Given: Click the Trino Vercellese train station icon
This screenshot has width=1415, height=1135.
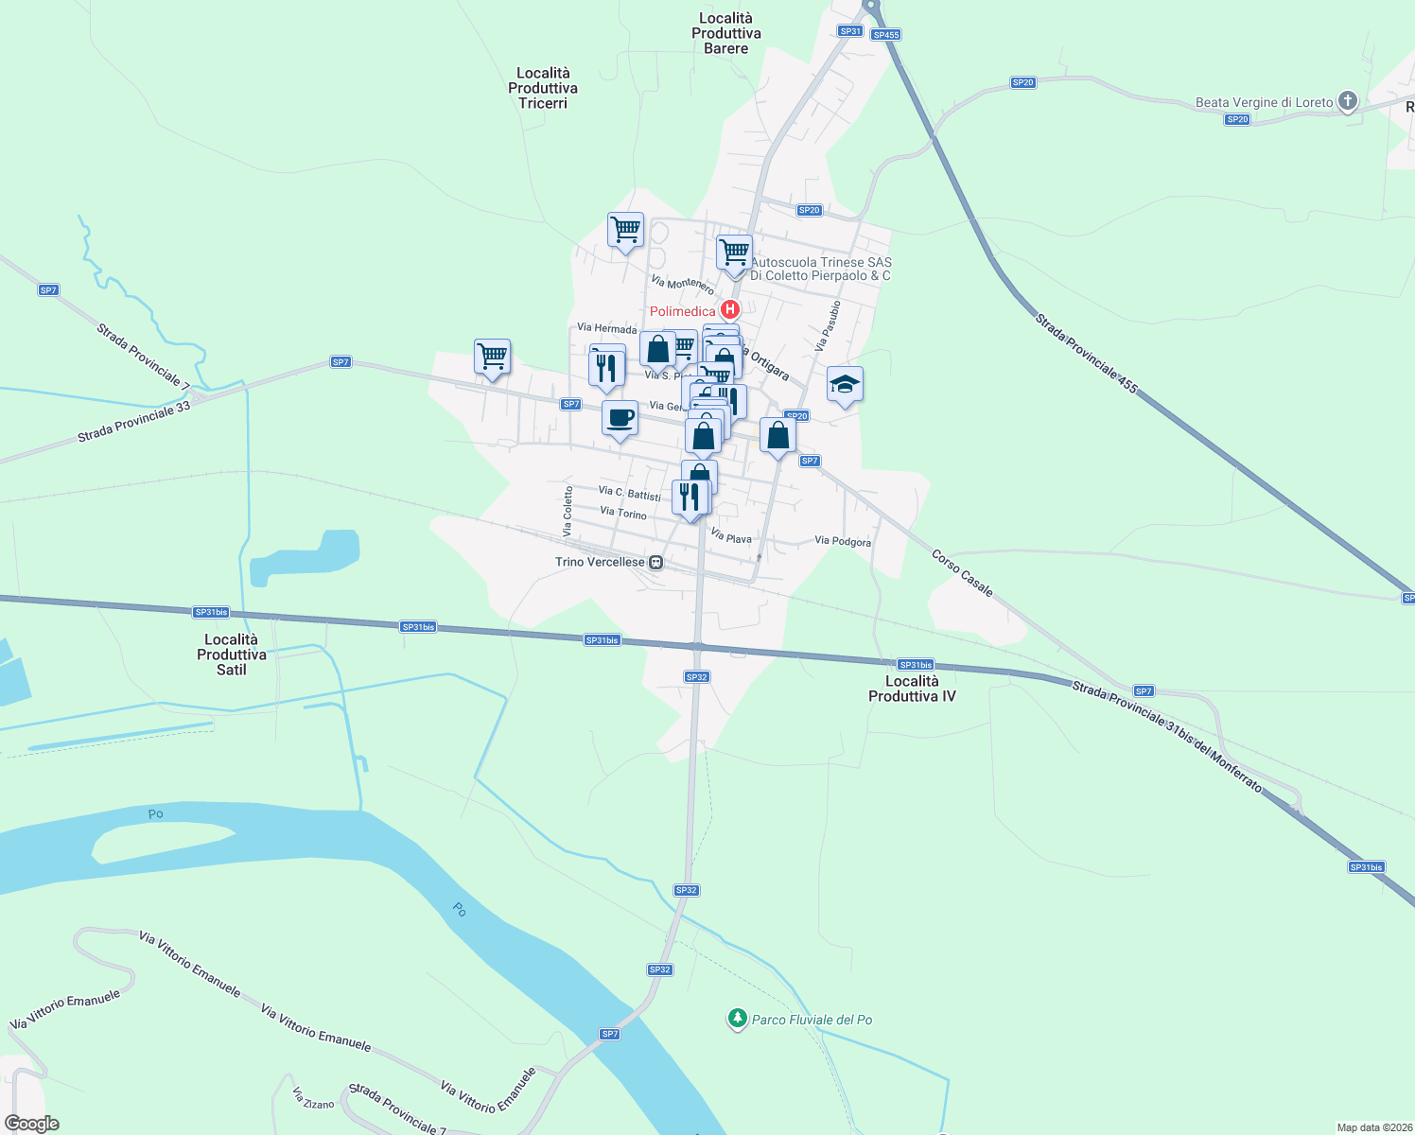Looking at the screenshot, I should tap(656, 563).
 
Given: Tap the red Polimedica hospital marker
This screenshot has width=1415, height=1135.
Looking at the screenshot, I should tap(729, 309).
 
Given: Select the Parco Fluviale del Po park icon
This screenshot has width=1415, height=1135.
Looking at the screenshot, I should tap(737, 1019).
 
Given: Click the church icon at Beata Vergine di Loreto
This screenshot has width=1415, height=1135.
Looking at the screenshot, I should tap(1348, 101).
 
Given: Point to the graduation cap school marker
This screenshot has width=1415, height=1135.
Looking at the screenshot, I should tap(845, 385).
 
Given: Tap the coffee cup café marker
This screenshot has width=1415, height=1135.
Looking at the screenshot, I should tap(620, 418).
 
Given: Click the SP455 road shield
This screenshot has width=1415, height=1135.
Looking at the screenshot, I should tap(885, 35).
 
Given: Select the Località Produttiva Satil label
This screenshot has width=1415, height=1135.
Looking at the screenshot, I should tap(232, 655).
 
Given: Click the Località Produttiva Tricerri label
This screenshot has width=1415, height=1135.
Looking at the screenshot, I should tap(543, 88).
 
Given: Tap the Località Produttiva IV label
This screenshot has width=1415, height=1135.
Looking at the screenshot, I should tap(912, 689).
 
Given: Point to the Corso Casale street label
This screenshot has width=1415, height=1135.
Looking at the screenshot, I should tap(962, 573).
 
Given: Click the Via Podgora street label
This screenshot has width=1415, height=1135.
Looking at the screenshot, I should tap(843, 541).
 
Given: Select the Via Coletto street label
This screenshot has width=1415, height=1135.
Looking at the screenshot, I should tap(568, 511).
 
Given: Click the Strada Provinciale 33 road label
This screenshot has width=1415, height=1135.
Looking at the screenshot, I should tap(133, 422).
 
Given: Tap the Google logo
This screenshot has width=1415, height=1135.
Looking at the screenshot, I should tap(32, 1124).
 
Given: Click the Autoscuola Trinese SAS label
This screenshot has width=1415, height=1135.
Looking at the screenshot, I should tap(820, 269).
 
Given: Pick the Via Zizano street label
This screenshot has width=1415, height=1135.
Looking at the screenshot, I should tap(313, 1099).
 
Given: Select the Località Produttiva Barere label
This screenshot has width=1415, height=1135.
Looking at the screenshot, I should tap(726, 33).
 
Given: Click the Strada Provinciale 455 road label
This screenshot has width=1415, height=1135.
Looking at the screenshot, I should tap(1086, 353).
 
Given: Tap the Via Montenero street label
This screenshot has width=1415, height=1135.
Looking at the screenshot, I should tap(682, 283).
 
